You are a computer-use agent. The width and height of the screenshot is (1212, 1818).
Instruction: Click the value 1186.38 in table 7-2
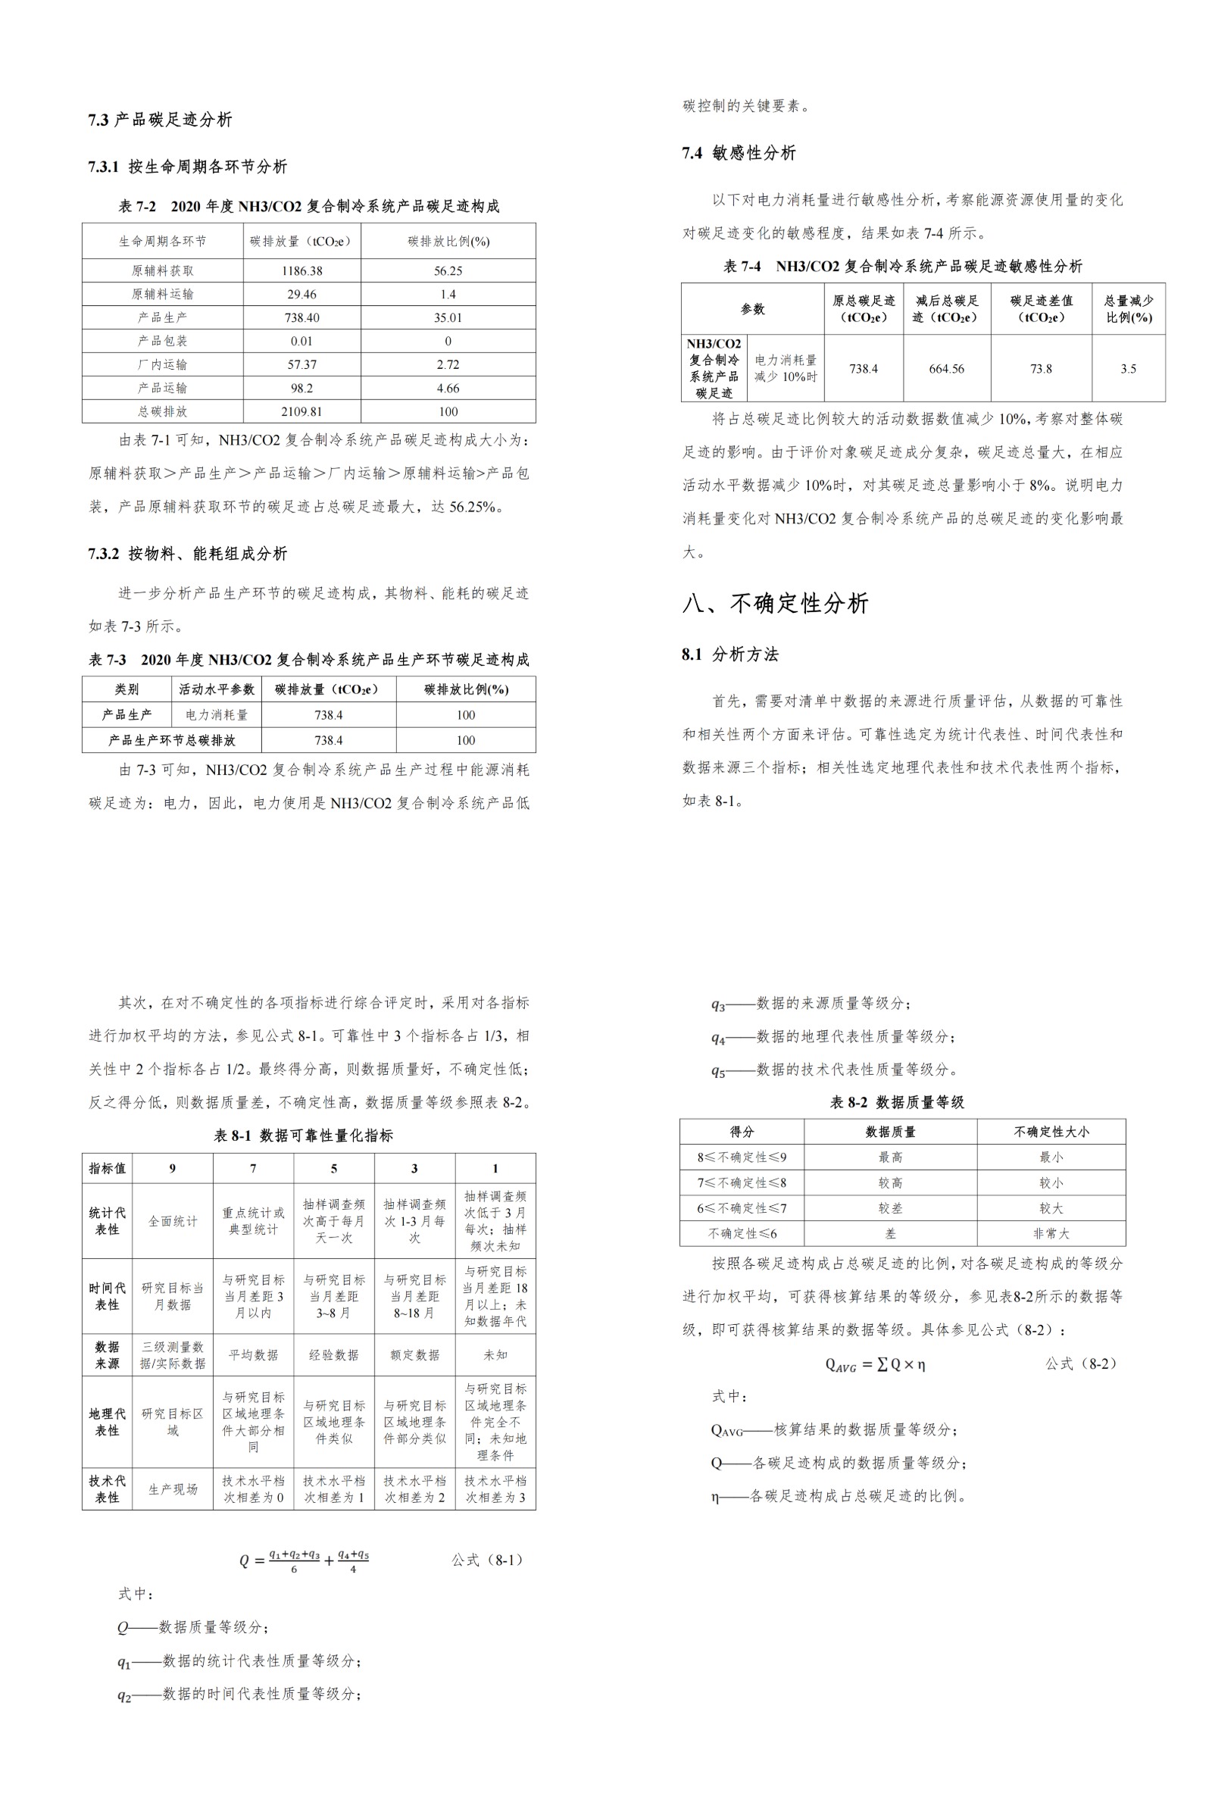point(301,270)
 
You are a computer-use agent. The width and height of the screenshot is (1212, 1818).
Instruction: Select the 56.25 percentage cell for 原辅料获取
point(448,270)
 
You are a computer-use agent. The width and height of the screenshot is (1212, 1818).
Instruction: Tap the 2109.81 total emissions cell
point(301,411)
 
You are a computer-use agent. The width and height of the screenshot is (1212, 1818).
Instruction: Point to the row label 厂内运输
point(162,364)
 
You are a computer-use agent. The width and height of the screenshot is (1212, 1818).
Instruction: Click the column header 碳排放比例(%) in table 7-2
point(448,241)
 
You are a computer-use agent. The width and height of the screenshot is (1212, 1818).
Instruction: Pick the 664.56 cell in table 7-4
point(946,369)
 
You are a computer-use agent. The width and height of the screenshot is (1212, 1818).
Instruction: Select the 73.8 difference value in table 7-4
point(1040,369)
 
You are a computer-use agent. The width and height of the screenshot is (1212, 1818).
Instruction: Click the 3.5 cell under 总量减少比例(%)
point(1128,369)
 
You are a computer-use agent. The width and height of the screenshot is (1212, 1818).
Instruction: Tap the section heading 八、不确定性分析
point(775,603)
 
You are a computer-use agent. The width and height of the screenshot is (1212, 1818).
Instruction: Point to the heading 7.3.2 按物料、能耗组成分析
point(187,554)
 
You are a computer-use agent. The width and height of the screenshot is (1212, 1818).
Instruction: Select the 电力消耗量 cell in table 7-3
point(217,715)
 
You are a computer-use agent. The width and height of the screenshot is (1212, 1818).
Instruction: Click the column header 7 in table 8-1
point(253,1168)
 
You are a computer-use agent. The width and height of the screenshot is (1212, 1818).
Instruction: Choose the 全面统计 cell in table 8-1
point(173,1221)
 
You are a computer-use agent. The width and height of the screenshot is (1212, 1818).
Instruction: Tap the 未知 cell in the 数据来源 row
point(495,1354)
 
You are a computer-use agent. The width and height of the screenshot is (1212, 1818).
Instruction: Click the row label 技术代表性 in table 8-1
point(107,1488)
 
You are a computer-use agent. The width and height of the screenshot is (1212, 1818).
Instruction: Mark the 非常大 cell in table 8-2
point(1051,1234)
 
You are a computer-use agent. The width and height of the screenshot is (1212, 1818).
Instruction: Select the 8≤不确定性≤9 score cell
point(742,1157)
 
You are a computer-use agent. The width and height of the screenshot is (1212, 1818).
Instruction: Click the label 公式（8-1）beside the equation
point(489,1560)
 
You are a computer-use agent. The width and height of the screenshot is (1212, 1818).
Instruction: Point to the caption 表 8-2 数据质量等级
point(897,1102)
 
